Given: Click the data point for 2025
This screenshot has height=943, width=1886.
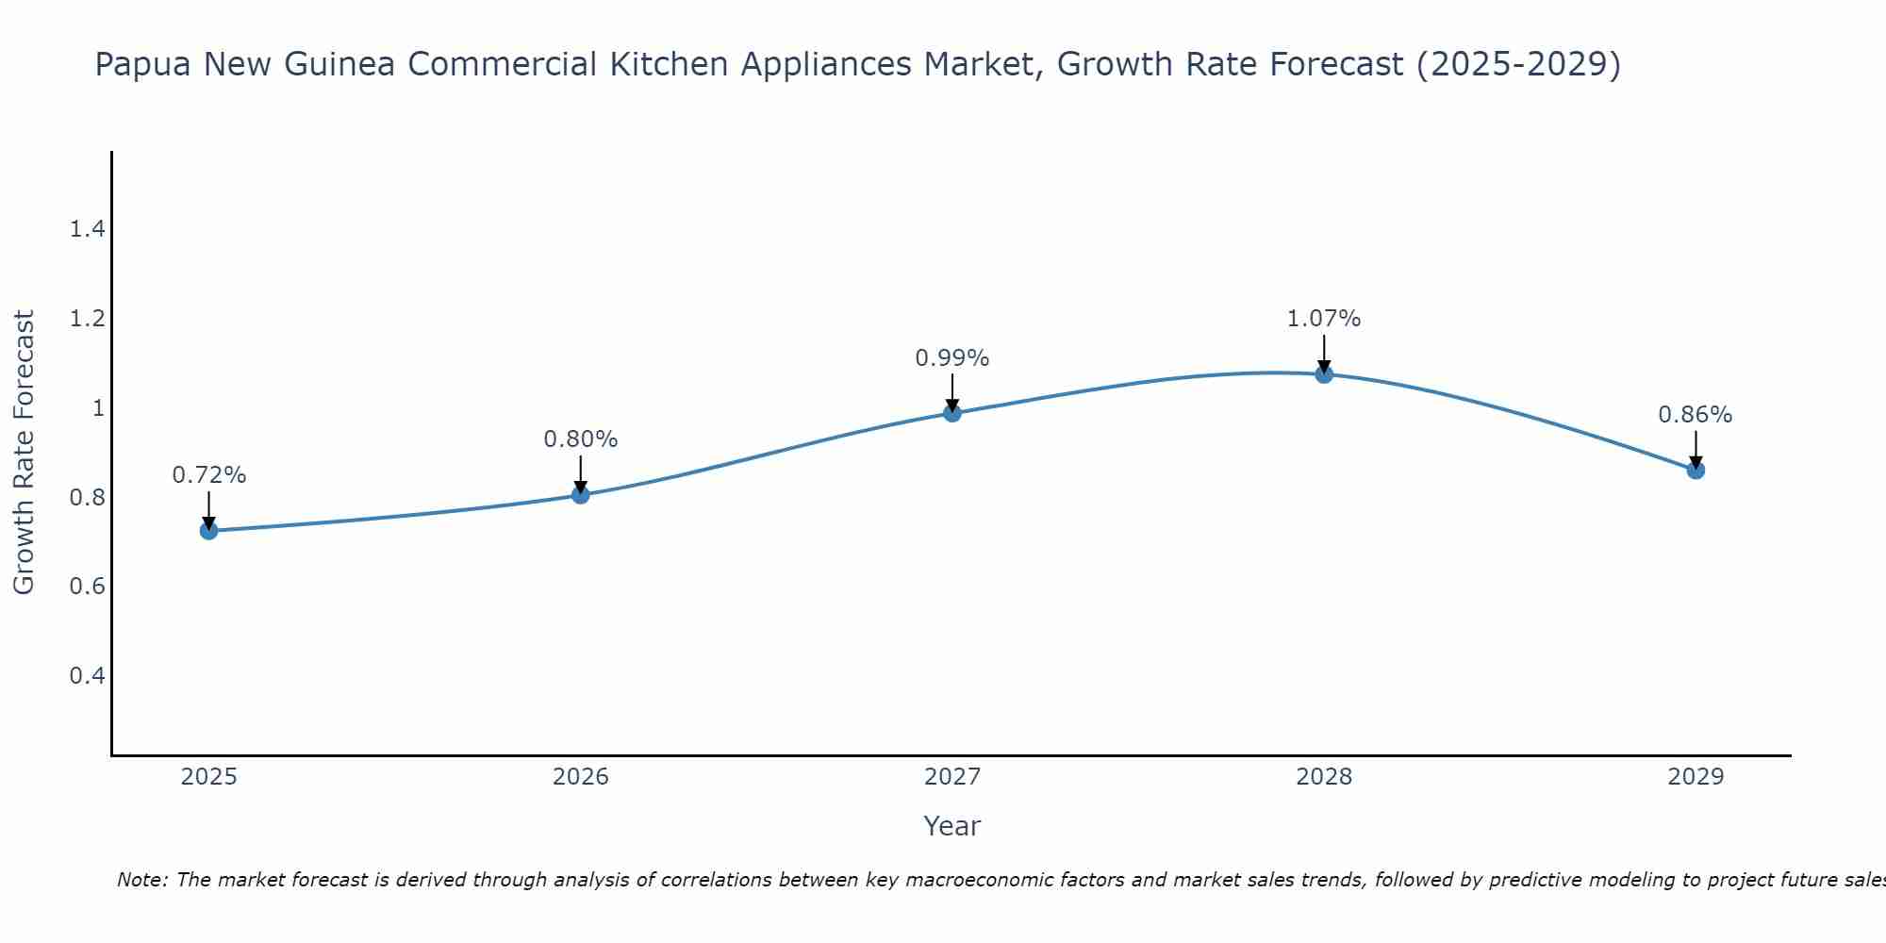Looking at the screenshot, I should tap(208, 531).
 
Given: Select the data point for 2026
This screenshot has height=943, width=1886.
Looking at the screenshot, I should tap(581, 495).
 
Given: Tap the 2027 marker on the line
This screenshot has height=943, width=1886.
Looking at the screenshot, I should tap(952, 413).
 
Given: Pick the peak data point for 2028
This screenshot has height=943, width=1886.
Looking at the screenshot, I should tap(1324, 374).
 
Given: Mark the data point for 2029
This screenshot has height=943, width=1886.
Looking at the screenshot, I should tap(1696, 470).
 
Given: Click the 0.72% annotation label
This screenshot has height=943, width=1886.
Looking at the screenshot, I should tap(208, 475).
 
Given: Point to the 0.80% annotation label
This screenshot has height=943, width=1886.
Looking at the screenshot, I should tap(581, 439).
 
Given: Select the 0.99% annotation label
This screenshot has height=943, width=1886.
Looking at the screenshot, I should tap(952, 358).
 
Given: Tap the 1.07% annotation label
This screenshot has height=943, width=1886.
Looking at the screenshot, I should tap(1324, 319).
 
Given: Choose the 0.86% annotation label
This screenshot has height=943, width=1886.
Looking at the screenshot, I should tap(1696, 415).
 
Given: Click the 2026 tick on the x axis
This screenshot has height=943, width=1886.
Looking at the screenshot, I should tap(581, 777).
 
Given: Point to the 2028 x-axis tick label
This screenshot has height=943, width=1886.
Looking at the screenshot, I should tap(1324, 777).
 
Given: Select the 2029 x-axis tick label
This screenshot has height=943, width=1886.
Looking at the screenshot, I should tap(1696, 777).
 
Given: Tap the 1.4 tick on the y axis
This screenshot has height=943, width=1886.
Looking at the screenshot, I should tap(87, 229).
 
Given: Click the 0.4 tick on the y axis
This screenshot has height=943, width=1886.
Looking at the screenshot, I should tap(87, 676).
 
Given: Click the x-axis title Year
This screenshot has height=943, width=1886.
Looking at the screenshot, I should tap(952, 826).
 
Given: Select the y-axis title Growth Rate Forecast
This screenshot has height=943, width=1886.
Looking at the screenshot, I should tap(24, 453).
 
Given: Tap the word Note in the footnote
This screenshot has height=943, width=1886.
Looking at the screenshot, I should tap(141, 880).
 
